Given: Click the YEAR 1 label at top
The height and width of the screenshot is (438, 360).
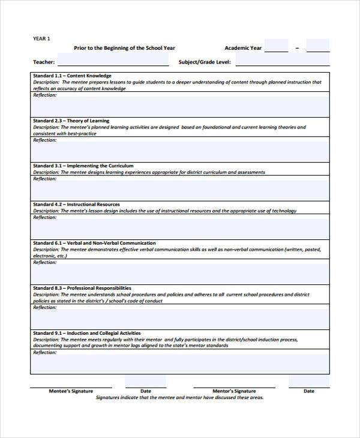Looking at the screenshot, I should [x=41, y=38].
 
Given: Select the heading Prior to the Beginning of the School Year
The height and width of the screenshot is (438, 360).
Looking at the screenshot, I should [x=124, y=47].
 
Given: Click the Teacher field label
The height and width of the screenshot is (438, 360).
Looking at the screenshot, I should [x=44, y=62].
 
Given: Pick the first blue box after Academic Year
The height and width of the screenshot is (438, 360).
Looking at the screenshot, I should [x=276, y=46].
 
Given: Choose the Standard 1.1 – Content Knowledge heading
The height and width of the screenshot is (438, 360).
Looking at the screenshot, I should [x=72, y=76].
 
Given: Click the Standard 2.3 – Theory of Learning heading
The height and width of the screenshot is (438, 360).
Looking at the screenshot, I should [x=71, y=121].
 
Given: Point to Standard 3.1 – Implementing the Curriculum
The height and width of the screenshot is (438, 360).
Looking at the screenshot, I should [x=83, y=166].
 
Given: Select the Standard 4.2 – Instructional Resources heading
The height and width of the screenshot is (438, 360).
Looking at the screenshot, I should [x=76, y=205].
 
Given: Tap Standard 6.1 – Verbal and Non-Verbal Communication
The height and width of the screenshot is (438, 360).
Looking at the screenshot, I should [x=94, y=243].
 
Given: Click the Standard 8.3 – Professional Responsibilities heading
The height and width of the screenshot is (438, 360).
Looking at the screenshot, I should [x=82, y=288].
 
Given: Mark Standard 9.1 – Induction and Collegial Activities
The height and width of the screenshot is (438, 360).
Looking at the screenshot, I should [x=86, y=333].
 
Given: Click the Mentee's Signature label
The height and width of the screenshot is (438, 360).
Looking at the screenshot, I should [x=71, y=391].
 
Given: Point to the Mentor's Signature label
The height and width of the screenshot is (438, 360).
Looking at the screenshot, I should [x=234, y=391].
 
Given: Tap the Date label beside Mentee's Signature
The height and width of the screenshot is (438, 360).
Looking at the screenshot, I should [x=145, y=391].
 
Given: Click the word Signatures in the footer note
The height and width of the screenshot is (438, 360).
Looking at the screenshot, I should [x=109, y=397].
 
